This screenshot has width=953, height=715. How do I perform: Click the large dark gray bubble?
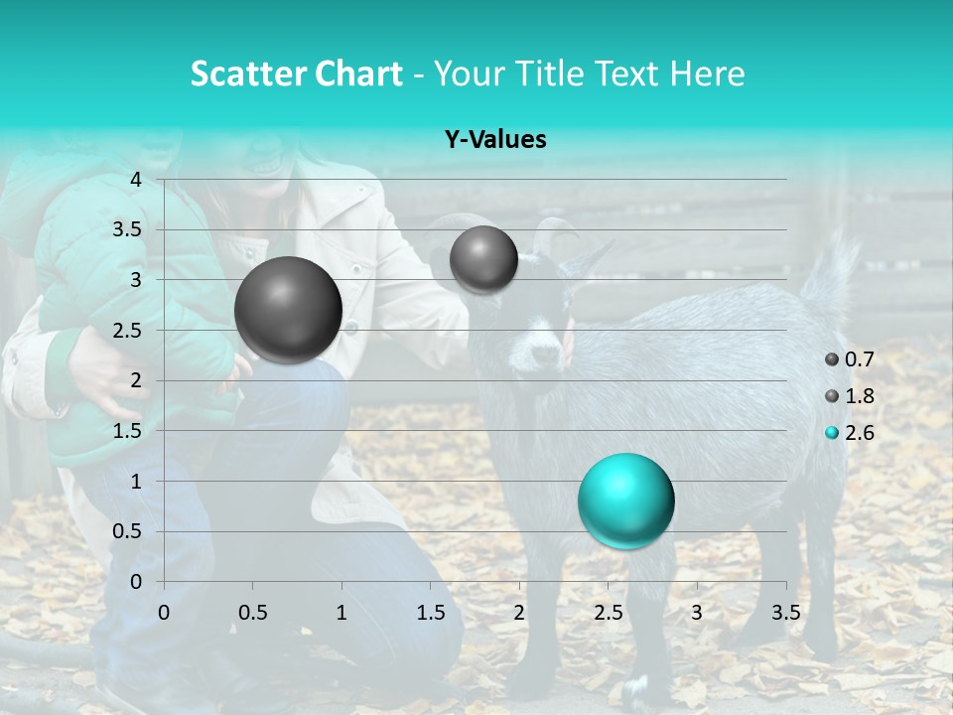[288, 310]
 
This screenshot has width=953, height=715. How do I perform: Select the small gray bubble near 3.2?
[483, 259]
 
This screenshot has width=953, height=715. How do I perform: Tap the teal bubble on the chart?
[625, 500]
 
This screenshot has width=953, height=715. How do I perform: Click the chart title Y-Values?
[495, 140]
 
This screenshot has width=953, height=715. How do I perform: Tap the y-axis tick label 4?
[136, 180]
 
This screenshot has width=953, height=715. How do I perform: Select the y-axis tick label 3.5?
[128, 229]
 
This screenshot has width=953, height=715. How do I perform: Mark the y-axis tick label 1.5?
[128, 431]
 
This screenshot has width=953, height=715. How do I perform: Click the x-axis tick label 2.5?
[608, 613]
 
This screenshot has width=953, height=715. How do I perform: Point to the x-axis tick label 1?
[341, 613]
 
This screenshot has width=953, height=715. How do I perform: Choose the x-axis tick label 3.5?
[785, 613]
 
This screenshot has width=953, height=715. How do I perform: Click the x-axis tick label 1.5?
[430, 613]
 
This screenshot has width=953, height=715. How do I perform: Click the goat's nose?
[544, 353]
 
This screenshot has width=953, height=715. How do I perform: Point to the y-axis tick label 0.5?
[128, 531]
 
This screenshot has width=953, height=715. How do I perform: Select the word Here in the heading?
[707, 73]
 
